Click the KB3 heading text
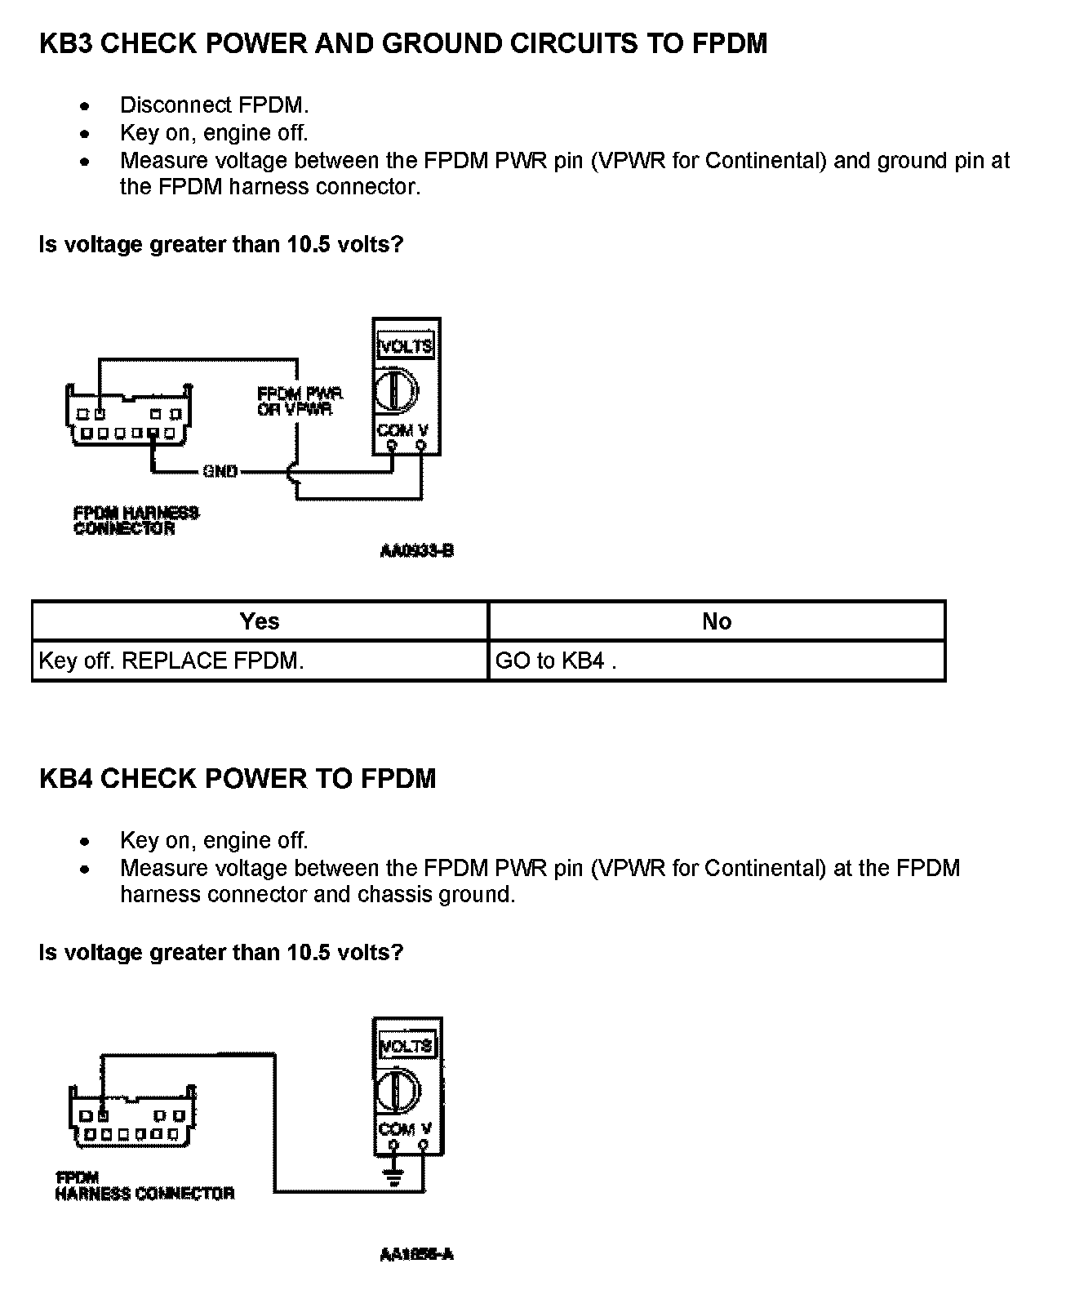(403, 44)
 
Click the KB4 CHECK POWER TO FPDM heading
(238, 779)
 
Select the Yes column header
(260, 621)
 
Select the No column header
(717, 621)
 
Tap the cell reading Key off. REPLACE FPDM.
(171, 661)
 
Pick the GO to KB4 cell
(556, 661)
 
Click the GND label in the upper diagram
(220, 471)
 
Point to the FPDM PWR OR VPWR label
(300, 401)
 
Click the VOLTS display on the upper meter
(406, 345)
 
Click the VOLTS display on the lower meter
(406, 1046)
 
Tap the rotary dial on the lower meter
(398, 1090)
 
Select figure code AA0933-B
(416, 551)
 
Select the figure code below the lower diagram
(416, 1255)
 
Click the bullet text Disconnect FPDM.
(215, 105)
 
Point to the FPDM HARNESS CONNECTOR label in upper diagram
(135, 521)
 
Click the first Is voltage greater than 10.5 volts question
(221, 244)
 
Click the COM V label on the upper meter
(402, 429)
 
